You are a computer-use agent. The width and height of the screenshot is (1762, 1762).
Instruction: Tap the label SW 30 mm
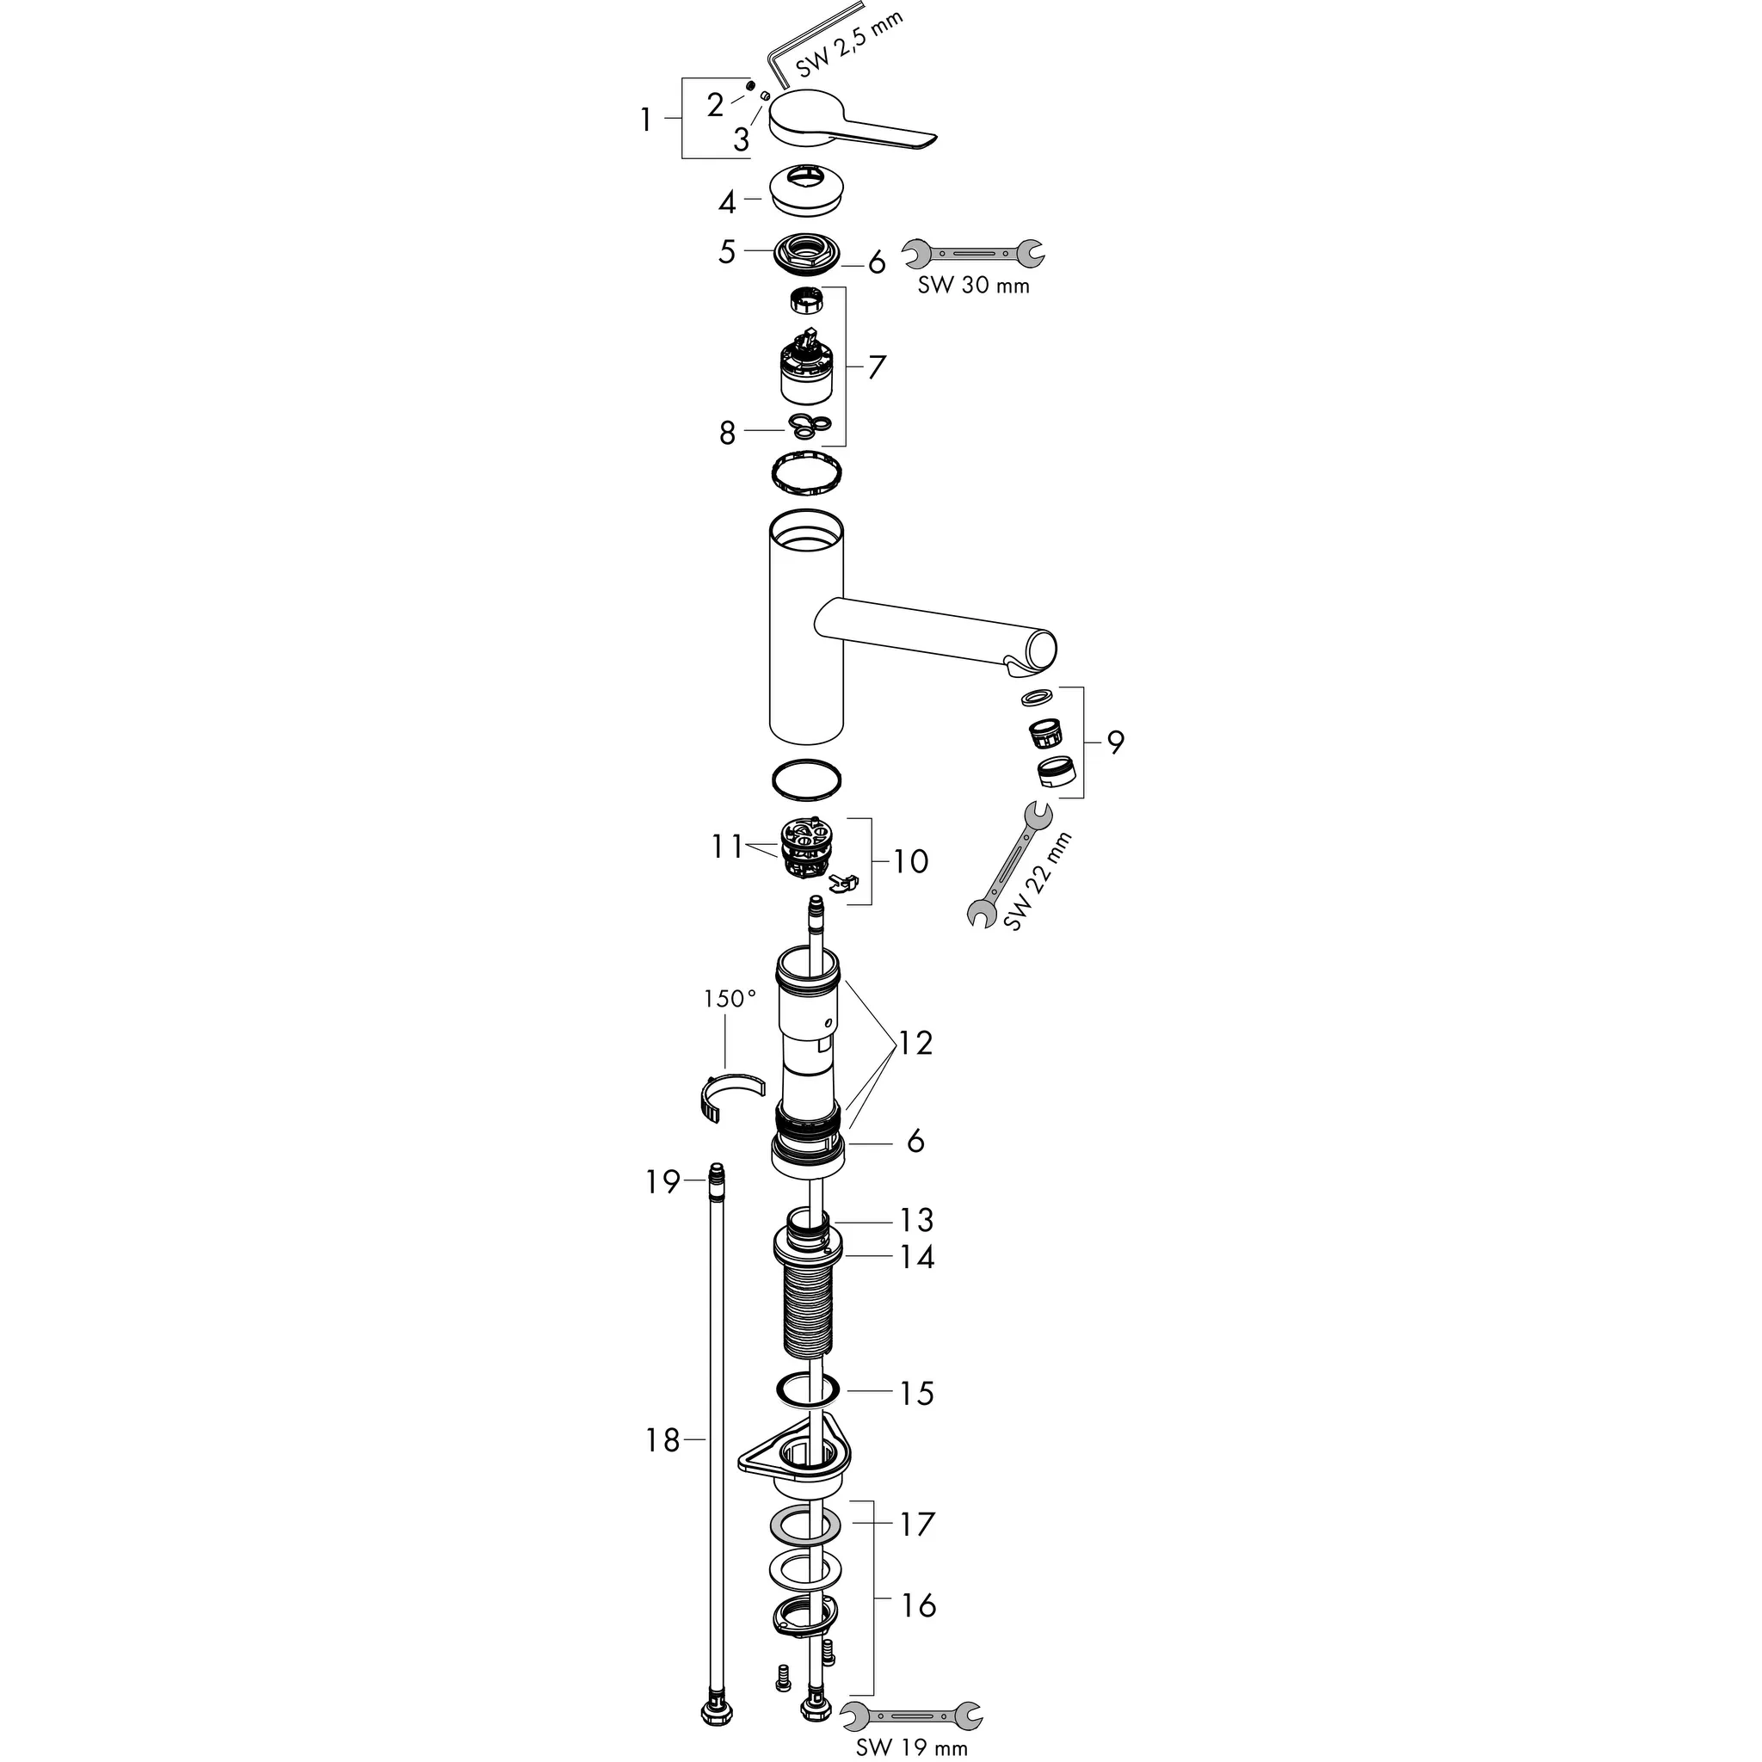[x=973, y=286]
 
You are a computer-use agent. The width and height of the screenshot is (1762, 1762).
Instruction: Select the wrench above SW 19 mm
[x=911, y=1714]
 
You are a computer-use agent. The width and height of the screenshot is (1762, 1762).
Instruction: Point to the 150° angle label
[x=730, y=999]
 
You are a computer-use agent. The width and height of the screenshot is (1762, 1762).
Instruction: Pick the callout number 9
[x=1115, y=742]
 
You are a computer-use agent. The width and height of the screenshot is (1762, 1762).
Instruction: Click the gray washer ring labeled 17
[x=805, y=1524]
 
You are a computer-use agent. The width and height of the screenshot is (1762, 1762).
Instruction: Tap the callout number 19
[x=663, y=1183]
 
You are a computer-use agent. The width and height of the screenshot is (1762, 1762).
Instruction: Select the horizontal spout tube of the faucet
[x=930, y=634]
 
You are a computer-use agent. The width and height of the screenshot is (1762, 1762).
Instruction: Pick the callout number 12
[x=915, y=1043]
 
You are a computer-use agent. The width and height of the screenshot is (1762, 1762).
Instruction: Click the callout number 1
[x=646, y=120]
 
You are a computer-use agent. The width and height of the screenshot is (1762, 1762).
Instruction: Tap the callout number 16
[x=917, y=1605]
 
